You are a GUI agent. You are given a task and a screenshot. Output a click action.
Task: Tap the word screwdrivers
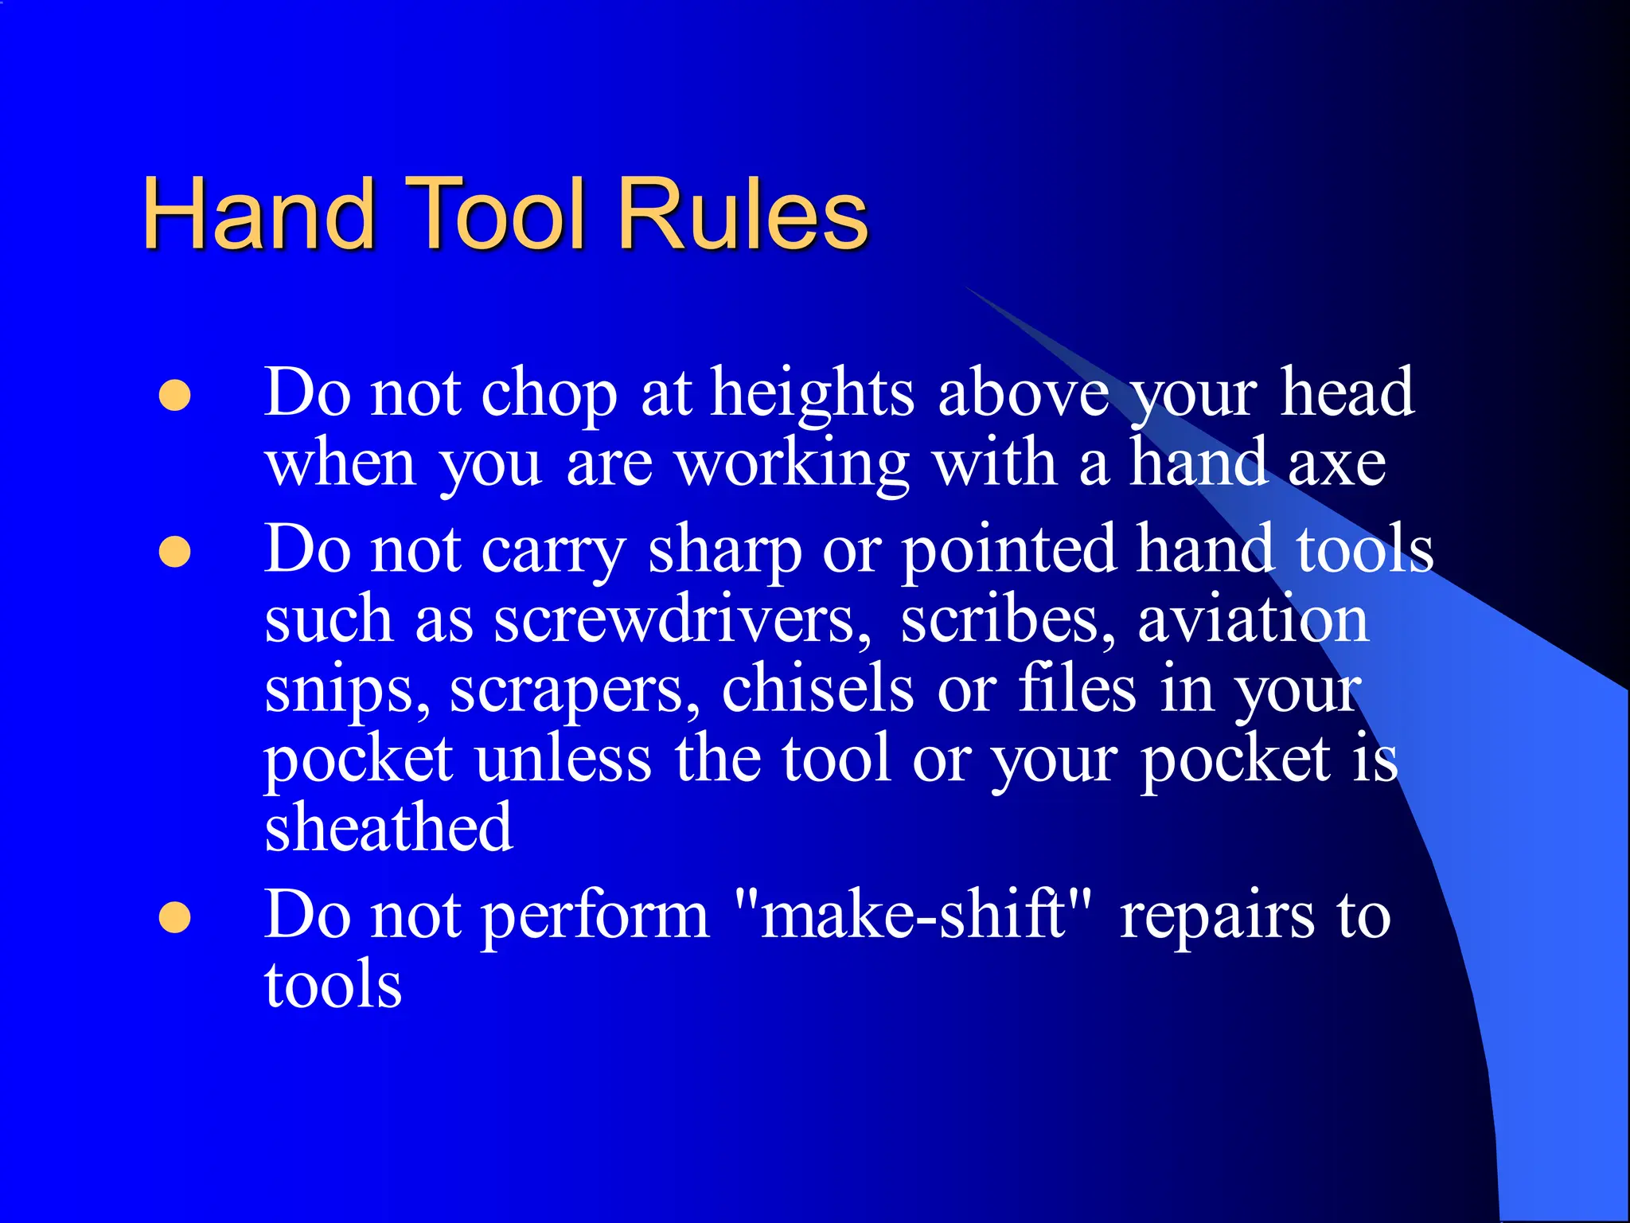click(x=683, y=620)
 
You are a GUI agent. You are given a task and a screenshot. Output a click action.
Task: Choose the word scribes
click(x=1008, y=620)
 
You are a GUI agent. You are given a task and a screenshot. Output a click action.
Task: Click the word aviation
click(x=1253, y=620)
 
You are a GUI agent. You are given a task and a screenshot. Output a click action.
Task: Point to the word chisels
click(x=817, y=689)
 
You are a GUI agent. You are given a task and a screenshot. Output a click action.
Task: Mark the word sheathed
click(x=388, y=828)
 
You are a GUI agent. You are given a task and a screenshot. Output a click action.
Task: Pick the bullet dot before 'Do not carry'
click(x=175, y=552)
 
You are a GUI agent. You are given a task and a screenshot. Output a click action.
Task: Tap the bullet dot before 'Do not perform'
click(x=175, y=917)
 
